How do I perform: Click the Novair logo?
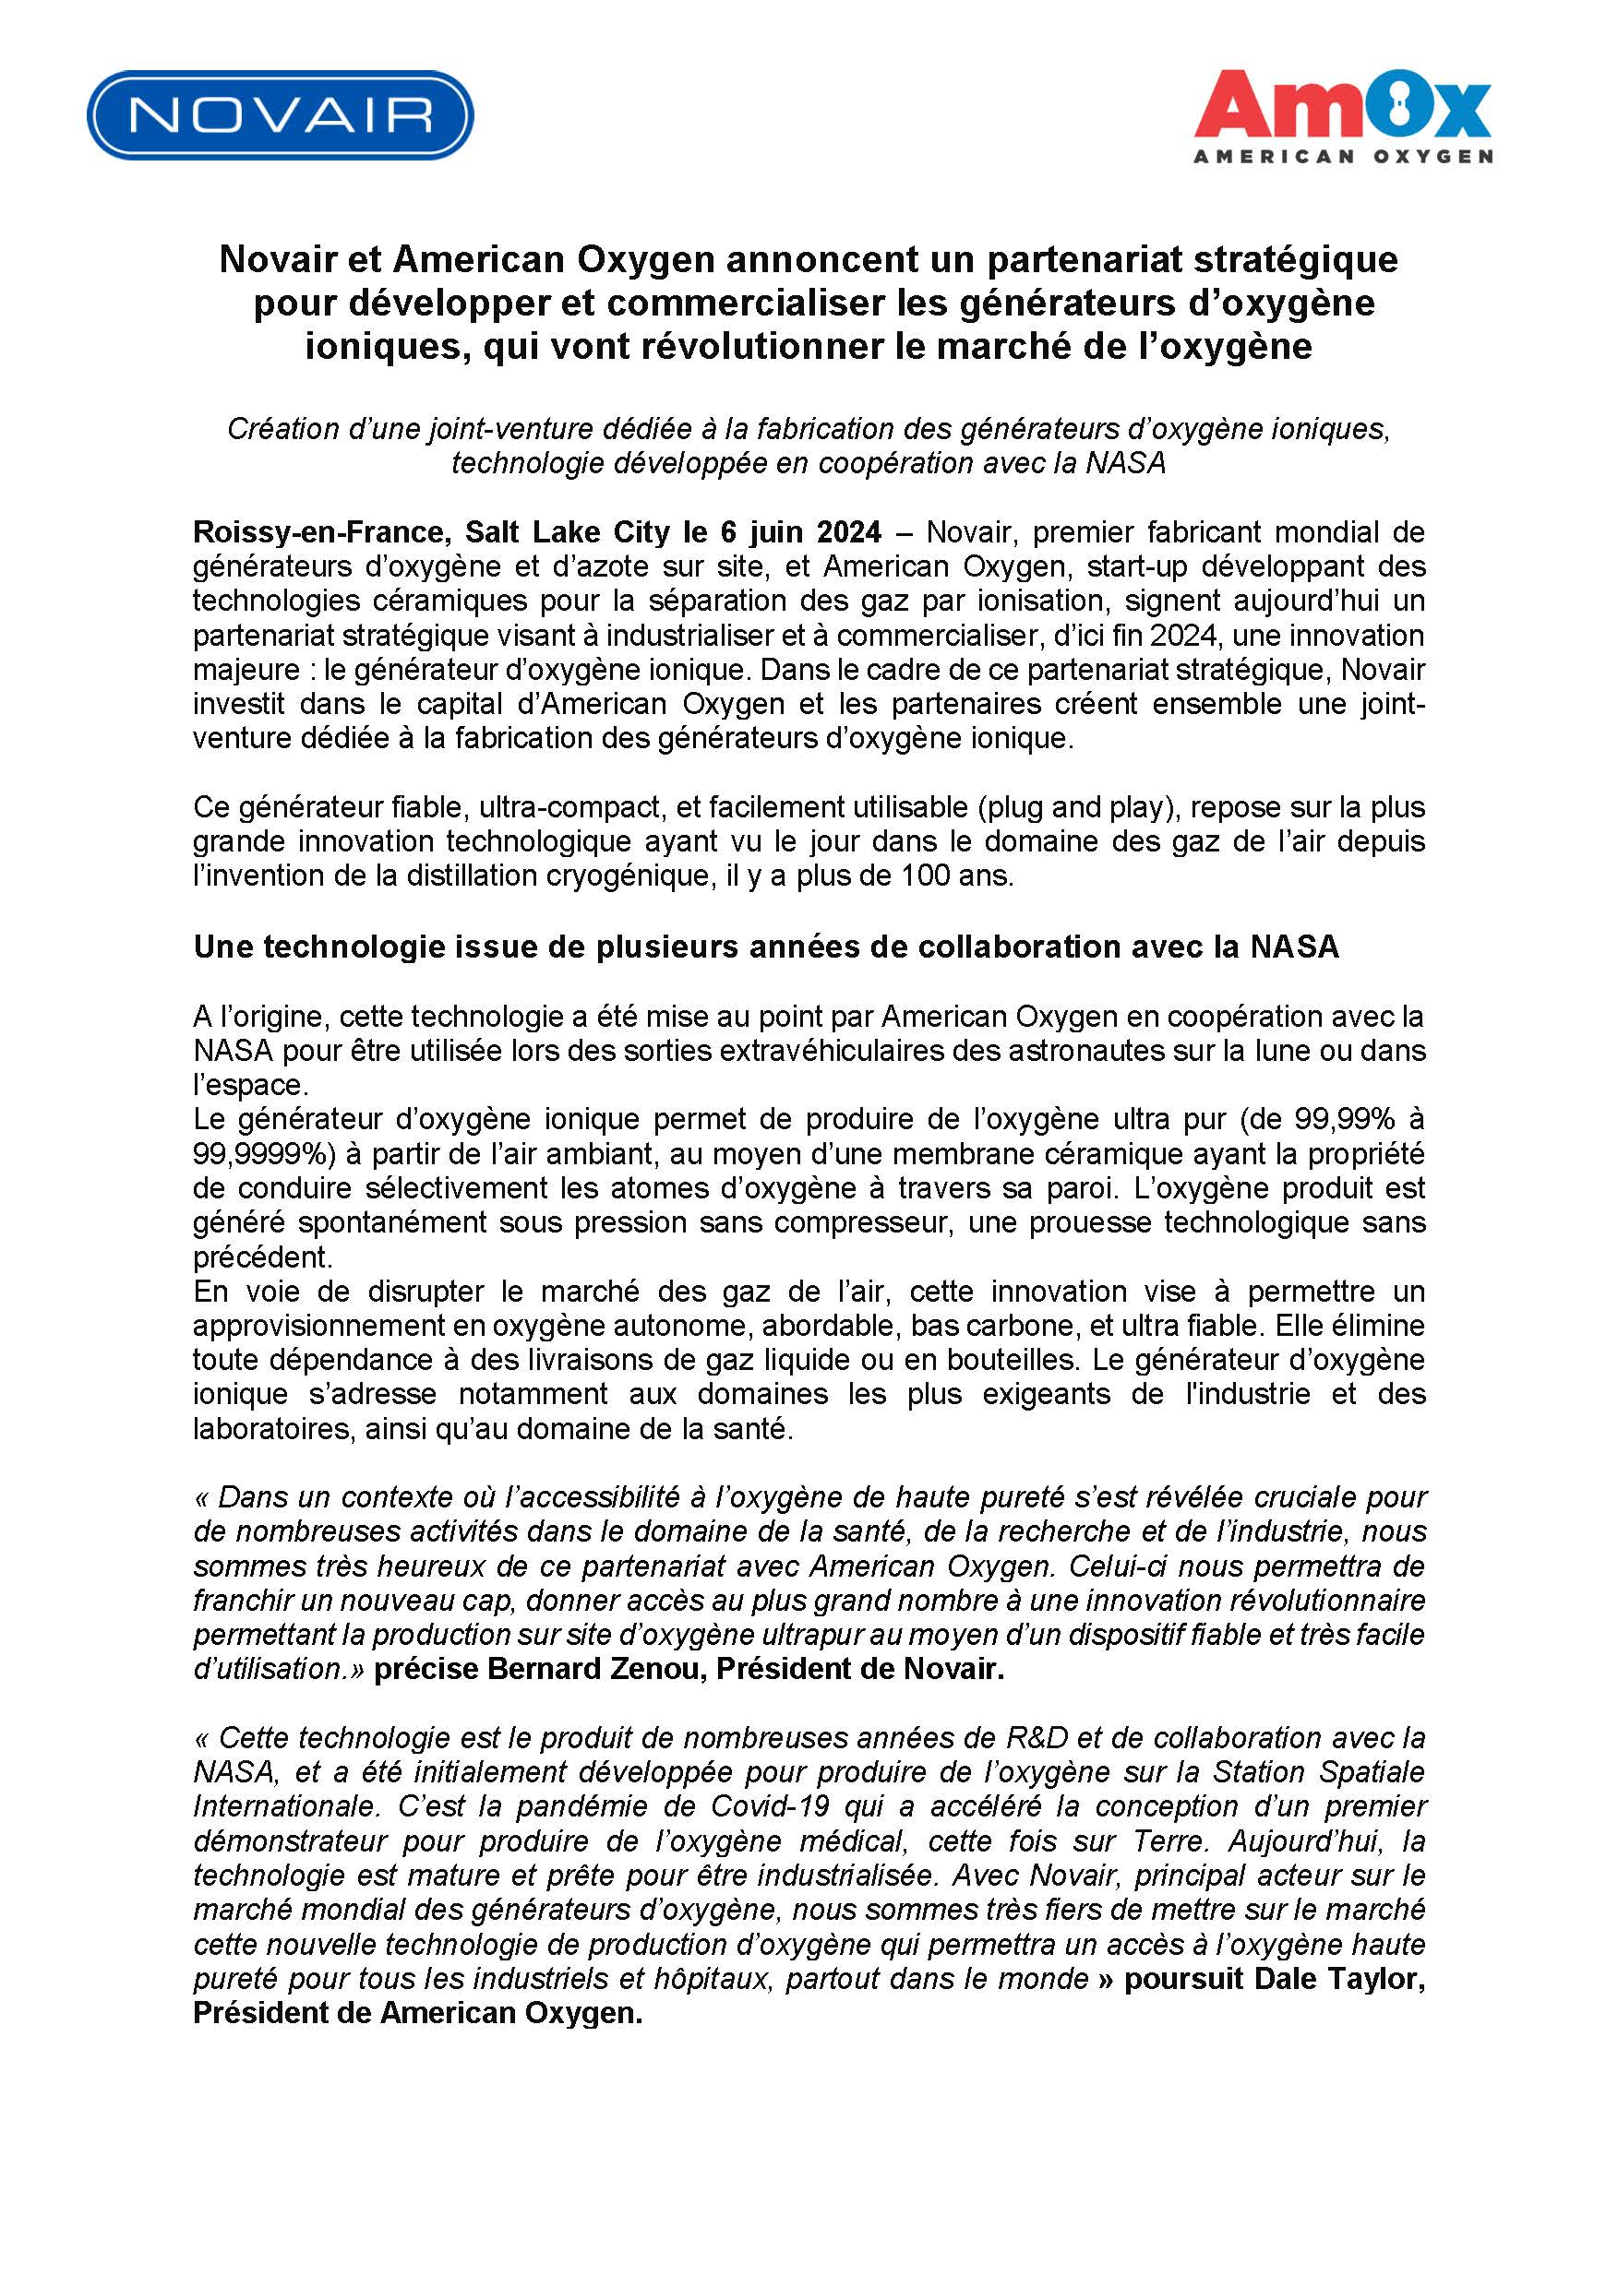pos(280,114)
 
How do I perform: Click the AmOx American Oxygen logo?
pos(1342,115)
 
